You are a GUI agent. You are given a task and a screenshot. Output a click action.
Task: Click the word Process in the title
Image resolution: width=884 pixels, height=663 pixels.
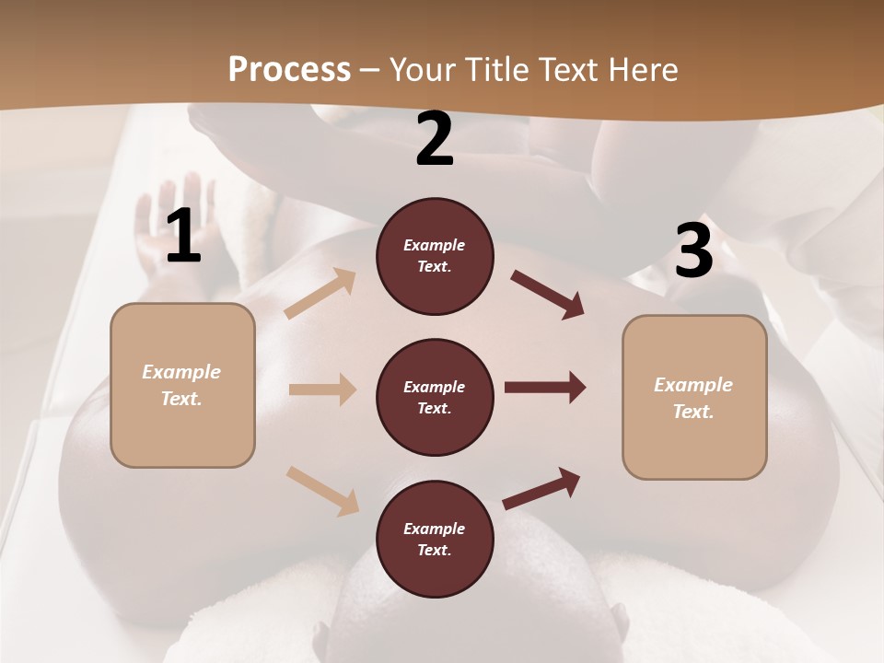coord(289,70)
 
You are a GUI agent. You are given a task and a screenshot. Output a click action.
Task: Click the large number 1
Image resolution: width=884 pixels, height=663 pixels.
coord(183,237)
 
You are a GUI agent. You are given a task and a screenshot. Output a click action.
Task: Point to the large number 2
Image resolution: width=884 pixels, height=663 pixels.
coord(435,140)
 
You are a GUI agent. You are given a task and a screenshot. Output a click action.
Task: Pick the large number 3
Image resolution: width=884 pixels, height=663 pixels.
coord(693,251)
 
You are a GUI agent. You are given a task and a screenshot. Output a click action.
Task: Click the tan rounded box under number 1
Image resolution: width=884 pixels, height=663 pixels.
coord(182,385)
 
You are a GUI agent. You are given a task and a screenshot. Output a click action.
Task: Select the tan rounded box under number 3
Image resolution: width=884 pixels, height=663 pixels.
coord(694,398)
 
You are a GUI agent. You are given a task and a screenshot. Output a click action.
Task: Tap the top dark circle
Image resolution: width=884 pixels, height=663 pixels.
coord(435,256)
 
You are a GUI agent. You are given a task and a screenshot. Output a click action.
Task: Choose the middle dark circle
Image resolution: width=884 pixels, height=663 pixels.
coord(435,398)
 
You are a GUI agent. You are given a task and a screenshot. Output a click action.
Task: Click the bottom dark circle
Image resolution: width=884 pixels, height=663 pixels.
coord(435,540)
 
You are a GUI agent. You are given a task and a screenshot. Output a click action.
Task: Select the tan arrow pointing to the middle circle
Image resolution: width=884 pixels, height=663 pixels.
coord(322,390)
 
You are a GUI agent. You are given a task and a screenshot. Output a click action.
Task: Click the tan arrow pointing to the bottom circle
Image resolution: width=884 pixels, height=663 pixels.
coord(322,490)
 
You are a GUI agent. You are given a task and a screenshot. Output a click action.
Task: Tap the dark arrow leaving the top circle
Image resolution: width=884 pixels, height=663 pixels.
coord(547,295)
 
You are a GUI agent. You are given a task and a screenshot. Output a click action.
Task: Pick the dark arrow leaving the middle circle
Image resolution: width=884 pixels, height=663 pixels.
coord(545,388)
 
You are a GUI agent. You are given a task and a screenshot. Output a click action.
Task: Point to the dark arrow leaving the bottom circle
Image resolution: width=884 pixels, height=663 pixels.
coord(541,489)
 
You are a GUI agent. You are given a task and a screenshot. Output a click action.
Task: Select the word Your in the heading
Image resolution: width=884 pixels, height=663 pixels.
coord(422,70)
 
